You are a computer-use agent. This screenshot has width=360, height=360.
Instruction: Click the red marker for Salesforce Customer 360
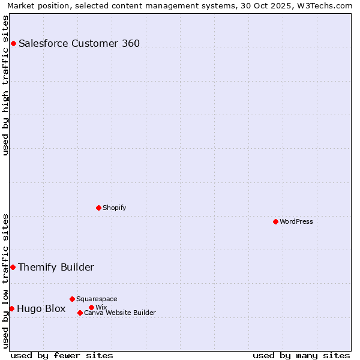(13, 43)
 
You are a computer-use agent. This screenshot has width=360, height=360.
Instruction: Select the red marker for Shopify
(98, 208)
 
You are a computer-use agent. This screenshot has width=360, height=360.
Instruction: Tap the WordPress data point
(275, 221)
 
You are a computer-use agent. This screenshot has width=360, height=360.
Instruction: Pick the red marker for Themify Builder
(13, 267)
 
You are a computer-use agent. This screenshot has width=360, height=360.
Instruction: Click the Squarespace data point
(72, 299)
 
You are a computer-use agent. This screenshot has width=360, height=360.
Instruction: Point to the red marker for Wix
(91, 307)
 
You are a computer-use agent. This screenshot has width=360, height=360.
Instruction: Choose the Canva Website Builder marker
(80, 313)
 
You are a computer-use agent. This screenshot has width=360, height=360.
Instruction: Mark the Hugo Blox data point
(11, 308)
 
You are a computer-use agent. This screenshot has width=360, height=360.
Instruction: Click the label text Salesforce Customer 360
(79, 43)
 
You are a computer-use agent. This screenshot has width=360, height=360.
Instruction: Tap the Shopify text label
(114, 208)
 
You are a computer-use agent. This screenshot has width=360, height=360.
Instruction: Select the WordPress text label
(296, 221)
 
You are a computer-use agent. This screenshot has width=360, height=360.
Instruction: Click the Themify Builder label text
(56, 267)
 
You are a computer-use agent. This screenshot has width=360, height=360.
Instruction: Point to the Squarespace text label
(97, 299)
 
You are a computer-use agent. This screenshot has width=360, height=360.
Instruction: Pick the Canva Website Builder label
(120, 313)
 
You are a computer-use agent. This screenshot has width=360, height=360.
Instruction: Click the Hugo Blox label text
(41, 308)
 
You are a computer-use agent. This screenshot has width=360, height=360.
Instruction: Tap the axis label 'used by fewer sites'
(62, 355)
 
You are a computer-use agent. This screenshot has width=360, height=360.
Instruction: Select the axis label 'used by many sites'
(301, 355)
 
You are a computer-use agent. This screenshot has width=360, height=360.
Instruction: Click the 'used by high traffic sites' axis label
(5, 85)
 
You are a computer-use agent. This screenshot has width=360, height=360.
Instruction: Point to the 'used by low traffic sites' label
(5, 281)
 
